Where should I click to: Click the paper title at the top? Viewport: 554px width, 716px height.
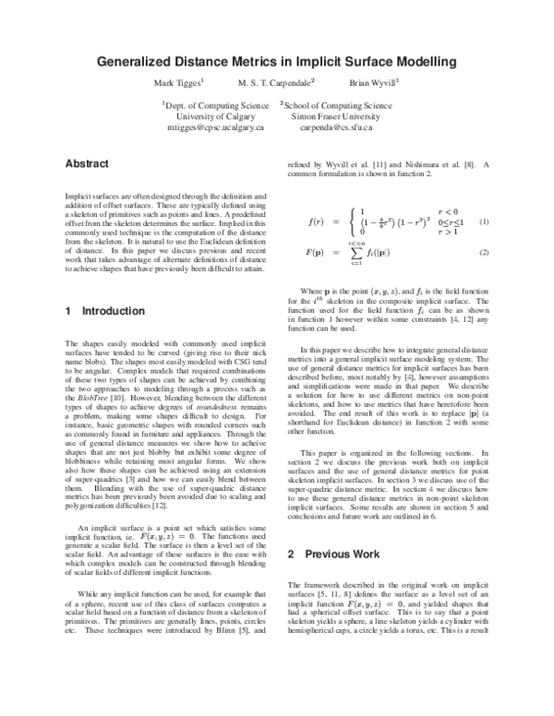point(277,63)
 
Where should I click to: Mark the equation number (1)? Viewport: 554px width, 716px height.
point(483,222)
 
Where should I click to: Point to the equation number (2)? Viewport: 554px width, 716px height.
point(483,253)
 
